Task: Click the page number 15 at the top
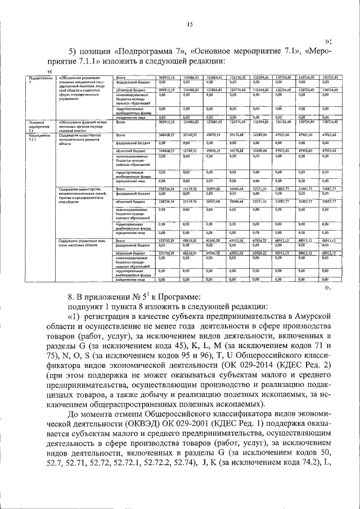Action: pos(190,23)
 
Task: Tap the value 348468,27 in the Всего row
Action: pos(168,136)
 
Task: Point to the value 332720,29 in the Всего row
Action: pos(168,240)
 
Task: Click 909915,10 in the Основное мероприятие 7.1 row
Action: pos(168,121)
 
